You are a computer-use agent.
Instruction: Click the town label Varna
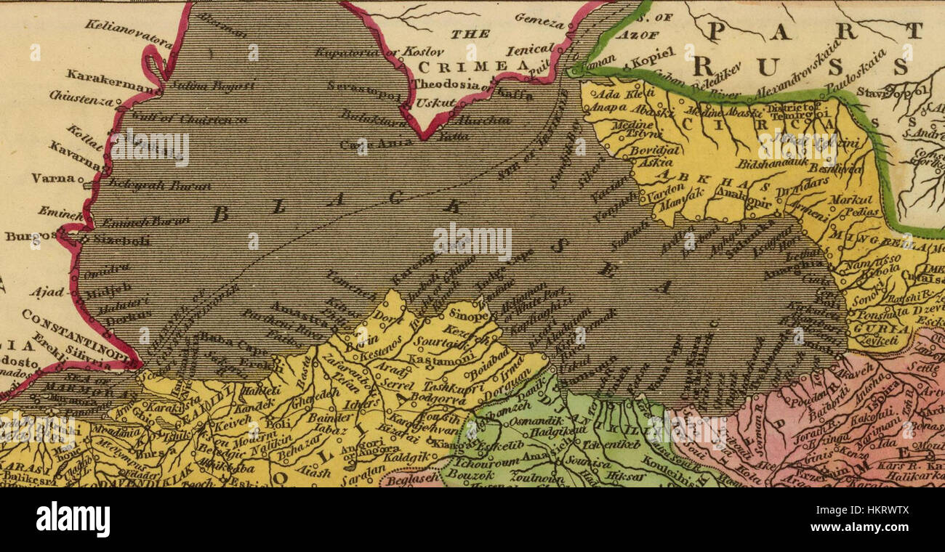tap(52, 178)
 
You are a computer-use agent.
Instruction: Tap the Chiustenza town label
tap(81, 97)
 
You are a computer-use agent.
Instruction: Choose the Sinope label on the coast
tap(467, 314)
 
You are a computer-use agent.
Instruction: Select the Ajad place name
tap(47, 292)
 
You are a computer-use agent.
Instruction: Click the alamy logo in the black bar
tap(73, 520)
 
